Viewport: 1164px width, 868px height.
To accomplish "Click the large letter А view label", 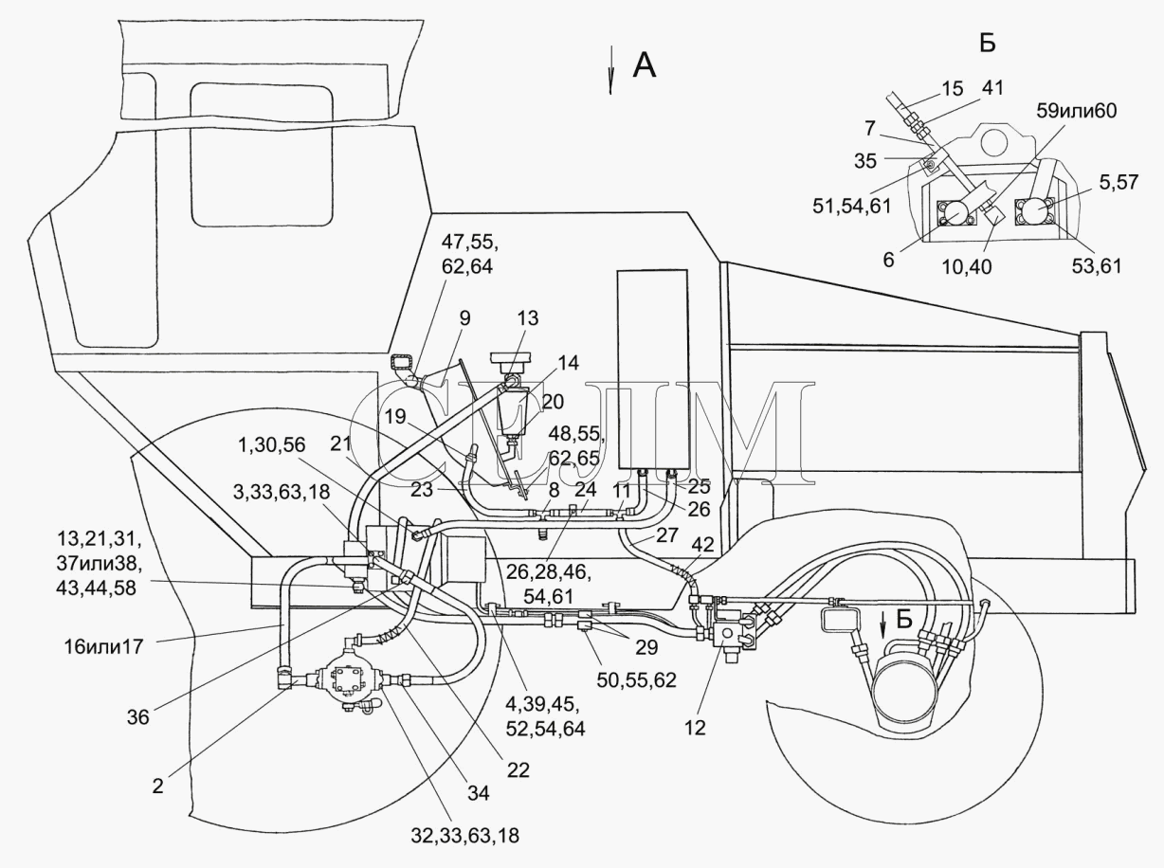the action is tap(645, 66).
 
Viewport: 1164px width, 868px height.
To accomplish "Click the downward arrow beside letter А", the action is tap(610, 70).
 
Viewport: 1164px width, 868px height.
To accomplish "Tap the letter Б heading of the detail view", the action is tap(988, 43).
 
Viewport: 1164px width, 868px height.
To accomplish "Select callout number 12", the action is tap(695, 728).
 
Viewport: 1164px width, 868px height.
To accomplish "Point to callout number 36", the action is tap(137, 717).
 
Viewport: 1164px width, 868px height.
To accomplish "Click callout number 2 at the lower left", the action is tap(157, 787).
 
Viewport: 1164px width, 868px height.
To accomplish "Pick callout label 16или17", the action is tap(103, 646).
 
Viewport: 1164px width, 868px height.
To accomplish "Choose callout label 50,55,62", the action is tap(636, 680).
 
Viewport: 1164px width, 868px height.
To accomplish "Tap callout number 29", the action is tap(646, 647).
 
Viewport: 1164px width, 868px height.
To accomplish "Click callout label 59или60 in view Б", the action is tap(1077, 111).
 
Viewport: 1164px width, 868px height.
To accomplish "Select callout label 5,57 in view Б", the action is tap(1119, 182).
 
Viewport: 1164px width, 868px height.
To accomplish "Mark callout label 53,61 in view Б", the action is tap(1097, 265).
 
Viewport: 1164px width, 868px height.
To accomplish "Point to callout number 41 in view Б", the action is tap(992, 87).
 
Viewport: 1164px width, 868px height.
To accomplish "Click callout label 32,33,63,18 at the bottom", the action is tap(465, 836).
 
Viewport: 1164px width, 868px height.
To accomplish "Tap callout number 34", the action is tap(478, 793).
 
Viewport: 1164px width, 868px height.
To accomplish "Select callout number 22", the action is tap(518, 770).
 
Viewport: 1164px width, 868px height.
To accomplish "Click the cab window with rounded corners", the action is tap(262, 154).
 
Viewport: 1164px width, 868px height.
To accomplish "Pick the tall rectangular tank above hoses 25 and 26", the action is tap(652, 370).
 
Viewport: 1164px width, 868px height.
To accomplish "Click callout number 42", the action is tap(702, 544).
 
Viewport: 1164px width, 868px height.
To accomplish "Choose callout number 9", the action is tap(464, 318).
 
